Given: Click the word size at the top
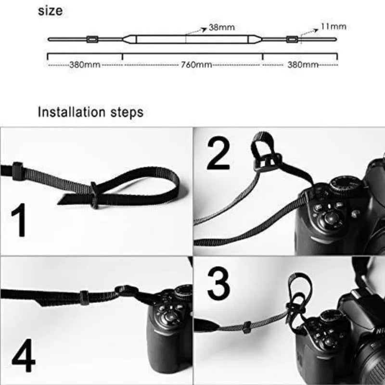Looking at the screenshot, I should pyautogui.click(x=50, y=11).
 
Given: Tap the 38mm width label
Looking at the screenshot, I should pyautogui.click(x=221, y=27).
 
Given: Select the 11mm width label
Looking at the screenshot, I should pyautogui.click(x=333, y=26).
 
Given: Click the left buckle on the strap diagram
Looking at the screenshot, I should pyautogui.click(x=91, y=38).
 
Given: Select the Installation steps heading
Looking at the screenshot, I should pyautogui.click(x=90, y=113).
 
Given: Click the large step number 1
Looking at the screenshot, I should pyautogui.click(x=19, y=221).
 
